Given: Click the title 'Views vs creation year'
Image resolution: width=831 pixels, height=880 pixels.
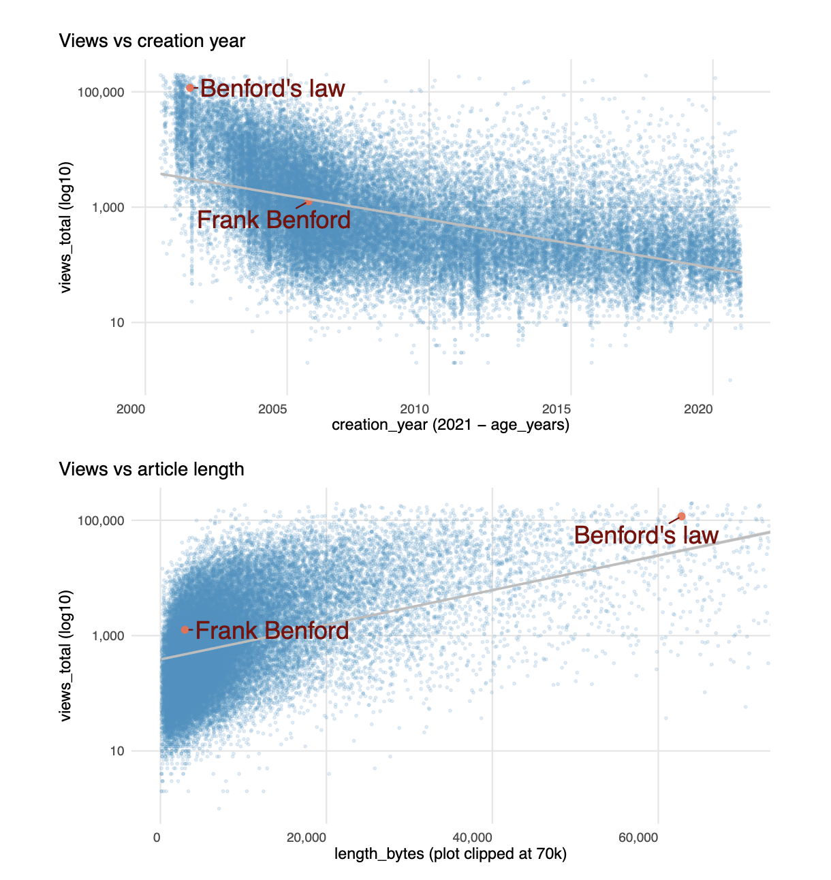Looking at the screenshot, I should tap(152, 41).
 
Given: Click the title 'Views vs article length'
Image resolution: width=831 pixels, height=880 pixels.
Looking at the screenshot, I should tap(151, 469).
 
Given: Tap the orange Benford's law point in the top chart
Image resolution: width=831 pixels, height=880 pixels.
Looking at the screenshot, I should tap(190, 88).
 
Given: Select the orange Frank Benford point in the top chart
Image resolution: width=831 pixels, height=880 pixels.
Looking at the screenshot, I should tap(309, 202).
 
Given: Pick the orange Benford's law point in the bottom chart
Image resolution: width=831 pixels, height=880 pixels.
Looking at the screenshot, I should tap(681, 516).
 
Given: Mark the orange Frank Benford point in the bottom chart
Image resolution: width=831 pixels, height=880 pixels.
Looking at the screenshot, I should tap(185, 629).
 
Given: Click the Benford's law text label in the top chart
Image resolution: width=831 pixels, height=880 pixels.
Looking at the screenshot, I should tap(272, 89).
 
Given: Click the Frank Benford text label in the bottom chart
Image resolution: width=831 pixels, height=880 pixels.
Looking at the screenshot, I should tap(272, 631).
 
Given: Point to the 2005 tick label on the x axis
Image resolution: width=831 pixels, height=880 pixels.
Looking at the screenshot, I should tap(272, 409).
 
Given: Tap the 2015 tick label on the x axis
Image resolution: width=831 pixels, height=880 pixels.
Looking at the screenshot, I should tap(556, 409).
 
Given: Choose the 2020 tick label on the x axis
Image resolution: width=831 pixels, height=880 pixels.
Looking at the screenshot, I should tap(698, 409).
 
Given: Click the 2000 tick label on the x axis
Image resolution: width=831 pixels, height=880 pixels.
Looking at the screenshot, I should tap(131, 409).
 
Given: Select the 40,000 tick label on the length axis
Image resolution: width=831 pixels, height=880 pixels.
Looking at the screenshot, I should tap(473, 837).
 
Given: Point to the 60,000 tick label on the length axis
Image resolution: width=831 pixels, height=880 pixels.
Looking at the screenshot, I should tap(638, 837).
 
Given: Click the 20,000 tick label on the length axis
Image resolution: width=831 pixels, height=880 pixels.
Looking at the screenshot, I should tap(307, 837).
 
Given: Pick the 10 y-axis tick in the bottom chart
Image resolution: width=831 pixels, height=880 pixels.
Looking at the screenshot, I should tap(117, 751).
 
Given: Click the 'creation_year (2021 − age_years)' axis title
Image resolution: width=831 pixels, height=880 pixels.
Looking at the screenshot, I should tap(450, 426).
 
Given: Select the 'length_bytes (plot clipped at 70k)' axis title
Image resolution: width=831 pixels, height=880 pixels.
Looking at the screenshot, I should tap(450, 854).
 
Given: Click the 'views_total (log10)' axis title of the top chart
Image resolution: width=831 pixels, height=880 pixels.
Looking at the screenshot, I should tap(65, 227).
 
